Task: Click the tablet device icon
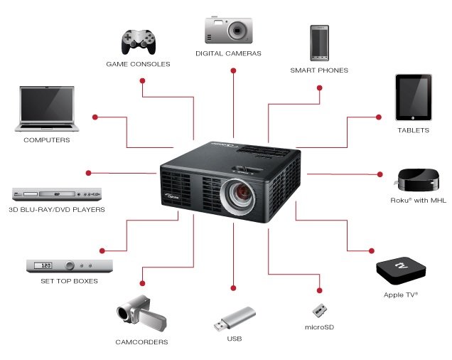point(414,98)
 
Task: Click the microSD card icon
point(319,311)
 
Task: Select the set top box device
point(70,265)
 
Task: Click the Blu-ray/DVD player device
point(57,194)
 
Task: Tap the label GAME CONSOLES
point(138,64)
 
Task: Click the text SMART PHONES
point(319,70)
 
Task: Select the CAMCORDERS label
point(141,342)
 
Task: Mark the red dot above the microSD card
point(320,290)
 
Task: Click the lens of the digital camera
point(237,30)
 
